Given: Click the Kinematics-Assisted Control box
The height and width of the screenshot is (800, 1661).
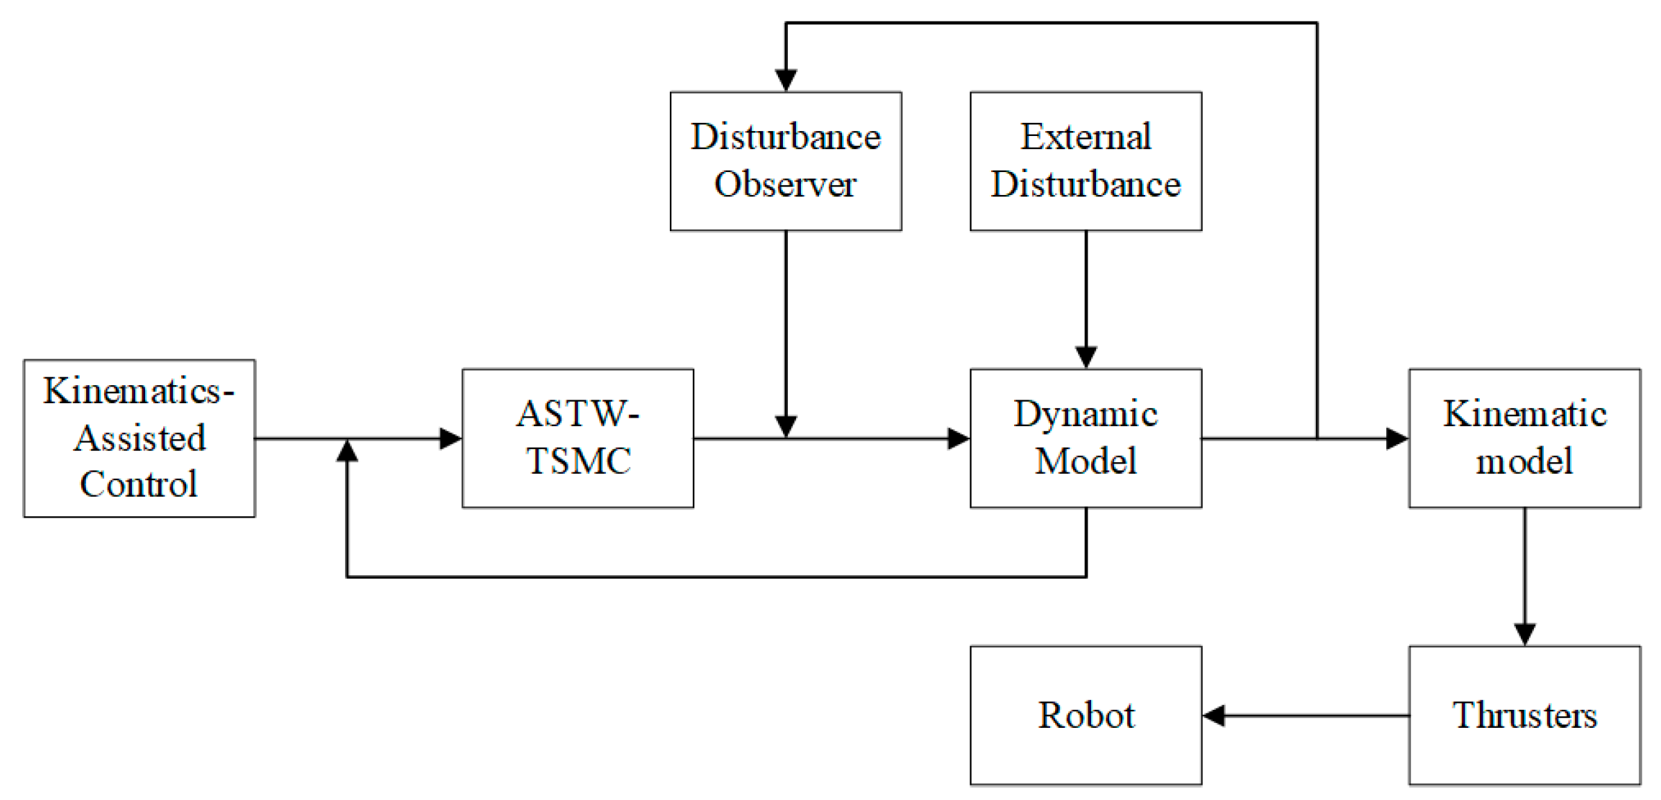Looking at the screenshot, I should coord(139,438).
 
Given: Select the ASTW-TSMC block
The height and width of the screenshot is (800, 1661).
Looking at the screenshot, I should coord(577,438).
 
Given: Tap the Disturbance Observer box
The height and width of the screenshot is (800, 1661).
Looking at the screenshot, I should coord(786,161).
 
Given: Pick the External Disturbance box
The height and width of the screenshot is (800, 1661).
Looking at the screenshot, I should coord(1086,161).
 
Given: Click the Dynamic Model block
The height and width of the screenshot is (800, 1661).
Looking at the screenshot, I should coord(1086,438).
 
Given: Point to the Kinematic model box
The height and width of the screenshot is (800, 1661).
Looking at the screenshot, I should coord(1524,438).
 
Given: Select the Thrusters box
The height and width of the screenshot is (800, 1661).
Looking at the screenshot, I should coord(1524,715).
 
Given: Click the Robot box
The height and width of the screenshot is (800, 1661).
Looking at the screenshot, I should coord(1086,715).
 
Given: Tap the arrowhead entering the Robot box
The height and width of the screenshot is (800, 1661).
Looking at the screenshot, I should coord(1215,715).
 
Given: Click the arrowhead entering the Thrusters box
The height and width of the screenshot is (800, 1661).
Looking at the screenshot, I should coord(1524,633).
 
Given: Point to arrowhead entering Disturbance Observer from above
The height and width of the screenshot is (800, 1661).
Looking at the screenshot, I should coord(786,80).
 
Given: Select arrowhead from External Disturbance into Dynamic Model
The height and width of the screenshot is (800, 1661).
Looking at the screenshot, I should coord(1086,357).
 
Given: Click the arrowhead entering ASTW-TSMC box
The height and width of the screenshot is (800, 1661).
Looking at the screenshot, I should coord(450,438).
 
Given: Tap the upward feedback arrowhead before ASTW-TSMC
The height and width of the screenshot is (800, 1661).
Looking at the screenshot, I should coord(347,452).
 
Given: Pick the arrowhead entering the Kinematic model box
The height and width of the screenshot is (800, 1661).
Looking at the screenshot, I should coord(1397,438).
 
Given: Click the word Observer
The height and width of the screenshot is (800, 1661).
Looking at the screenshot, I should coord(785,185).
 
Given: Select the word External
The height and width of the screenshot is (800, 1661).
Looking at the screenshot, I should coord(1086,137).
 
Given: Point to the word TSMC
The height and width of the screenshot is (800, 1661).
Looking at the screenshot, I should coord(578,461).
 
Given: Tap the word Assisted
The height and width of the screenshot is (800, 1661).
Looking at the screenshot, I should coord(140,439).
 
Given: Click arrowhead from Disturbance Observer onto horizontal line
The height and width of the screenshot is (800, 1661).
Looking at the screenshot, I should coord(786,426).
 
